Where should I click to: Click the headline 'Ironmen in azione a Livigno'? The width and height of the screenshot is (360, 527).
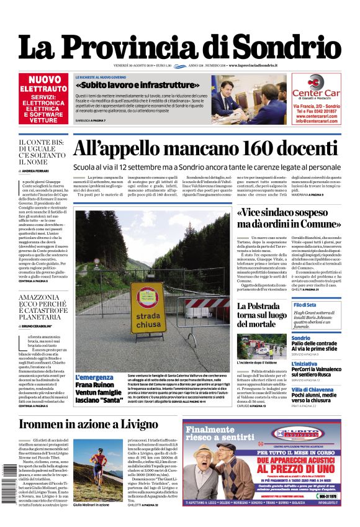(89, 425)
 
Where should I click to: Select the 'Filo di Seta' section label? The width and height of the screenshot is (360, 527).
(305, 305)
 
